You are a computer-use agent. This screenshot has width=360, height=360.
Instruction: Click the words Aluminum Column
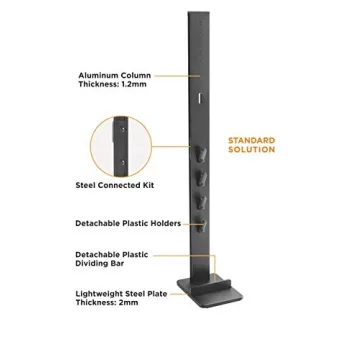(114, 75)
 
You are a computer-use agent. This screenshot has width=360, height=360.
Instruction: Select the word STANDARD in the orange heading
(251, 141)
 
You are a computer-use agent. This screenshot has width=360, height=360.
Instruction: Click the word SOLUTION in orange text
(251, 149)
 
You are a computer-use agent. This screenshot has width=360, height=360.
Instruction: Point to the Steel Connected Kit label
(108, 183)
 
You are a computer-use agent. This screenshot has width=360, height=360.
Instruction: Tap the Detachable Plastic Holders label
(127, 224)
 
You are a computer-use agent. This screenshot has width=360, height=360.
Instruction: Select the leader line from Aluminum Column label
(170, 75)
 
